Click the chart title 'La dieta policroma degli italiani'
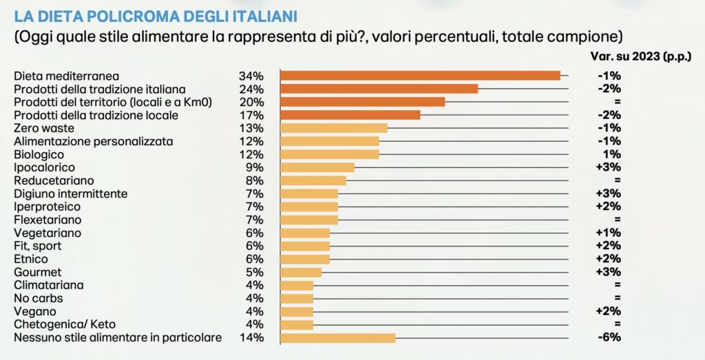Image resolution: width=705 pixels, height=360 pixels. [152, 15]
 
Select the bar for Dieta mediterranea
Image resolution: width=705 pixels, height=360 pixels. [419, 76]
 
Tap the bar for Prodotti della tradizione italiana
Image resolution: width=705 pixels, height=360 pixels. [378, 89]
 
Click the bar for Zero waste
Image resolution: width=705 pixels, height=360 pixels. [333, 128]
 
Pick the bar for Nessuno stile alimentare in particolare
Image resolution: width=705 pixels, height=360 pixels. [337, 337]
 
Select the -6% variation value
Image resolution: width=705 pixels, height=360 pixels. [609, 337]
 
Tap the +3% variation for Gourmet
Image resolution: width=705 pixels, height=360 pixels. [609, 272]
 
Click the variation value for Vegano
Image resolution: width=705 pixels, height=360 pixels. [609, 311]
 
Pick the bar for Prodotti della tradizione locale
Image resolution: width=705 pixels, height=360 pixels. [349, 115]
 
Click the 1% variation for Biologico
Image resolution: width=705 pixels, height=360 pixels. [612, 154]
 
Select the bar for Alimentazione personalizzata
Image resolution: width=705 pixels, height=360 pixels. [329, 141]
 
